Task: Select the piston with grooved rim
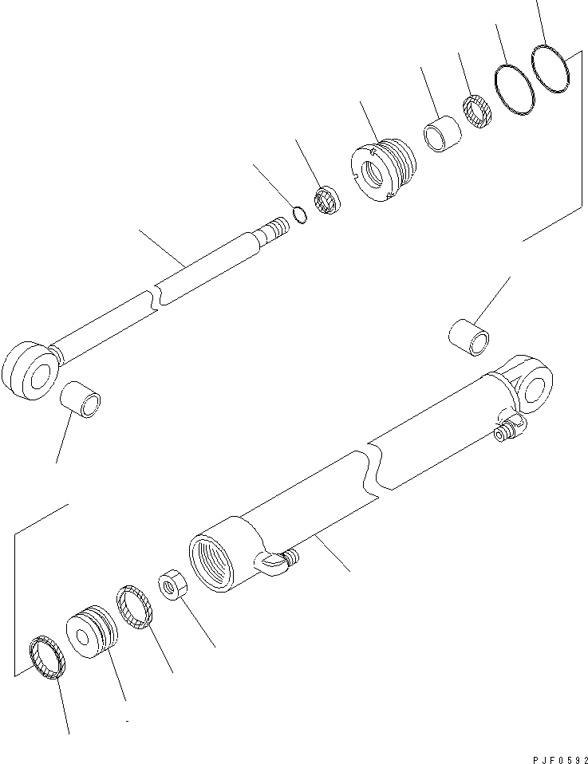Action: tap(92, 632)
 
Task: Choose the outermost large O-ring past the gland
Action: tap(551, 66)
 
